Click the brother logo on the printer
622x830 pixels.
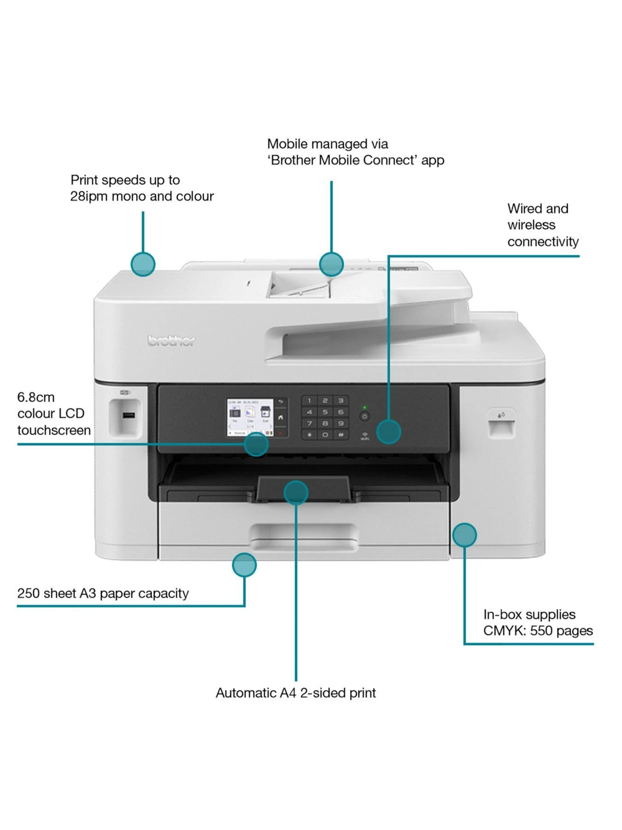coord(171,341)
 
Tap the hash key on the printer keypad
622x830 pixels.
coord(340,434)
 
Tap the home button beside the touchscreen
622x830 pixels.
coord(281,417)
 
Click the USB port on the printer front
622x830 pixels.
coord(129,415)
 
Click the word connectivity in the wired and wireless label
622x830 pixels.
coord(543,242)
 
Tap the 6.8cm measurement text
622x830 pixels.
coord(36,397)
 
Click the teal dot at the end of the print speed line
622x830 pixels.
coord(143,264)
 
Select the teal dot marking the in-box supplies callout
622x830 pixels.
coord(464,535)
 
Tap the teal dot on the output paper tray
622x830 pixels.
coord(296,493)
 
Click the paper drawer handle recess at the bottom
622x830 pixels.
coord(304,534)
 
